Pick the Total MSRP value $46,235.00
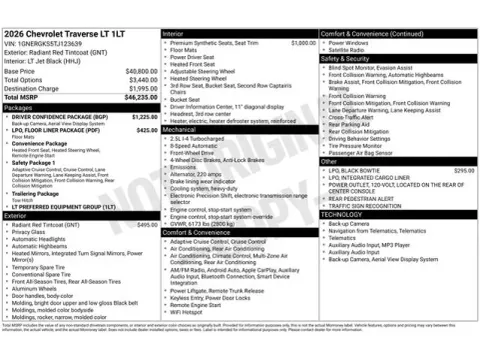click(x=137, y=97)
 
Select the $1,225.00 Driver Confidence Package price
click(x=145, y=116)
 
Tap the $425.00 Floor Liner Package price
click(x=146, y=130)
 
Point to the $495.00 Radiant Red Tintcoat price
click(x=147, y=225)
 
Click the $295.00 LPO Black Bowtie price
click(x=464, y=171)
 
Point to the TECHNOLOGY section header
click(x=343, y=214)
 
